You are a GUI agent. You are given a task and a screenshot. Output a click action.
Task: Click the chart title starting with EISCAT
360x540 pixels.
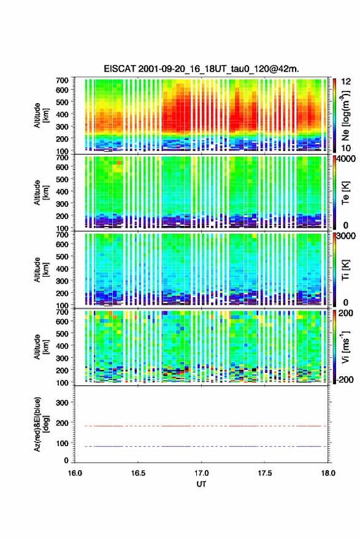click(x=201, y=69)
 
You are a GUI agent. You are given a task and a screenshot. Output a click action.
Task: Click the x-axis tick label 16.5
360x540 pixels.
click(x=138, y=473)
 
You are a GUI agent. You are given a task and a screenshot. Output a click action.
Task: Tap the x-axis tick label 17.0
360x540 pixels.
click(x=201, y=473)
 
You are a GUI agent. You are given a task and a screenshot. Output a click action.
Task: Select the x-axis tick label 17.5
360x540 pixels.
click(x=265, y=473)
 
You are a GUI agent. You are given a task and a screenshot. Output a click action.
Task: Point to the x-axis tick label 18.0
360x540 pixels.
click(x=328, y=473)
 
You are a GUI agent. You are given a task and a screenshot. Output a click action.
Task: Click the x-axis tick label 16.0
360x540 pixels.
click(x=75, y=473)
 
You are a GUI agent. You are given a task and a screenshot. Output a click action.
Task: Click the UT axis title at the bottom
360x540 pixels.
click(x=201, y=484)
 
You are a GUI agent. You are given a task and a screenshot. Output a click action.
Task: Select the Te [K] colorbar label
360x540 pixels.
click(x=345, y=193)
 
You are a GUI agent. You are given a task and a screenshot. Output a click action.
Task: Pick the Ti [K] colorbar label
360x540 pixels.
click(x=345, y=269)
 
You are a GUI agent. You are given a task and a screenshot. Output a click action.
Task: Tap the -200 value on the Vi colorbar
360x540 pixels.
click(x=345, y=379)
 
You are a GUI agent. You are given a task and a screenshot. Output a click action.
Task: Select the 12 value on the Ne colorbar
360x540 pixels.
click(x=347, y=82)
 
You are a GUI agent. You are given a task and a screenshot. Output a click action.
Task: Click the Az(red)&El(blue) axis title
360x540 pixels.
click(x=41, y=424)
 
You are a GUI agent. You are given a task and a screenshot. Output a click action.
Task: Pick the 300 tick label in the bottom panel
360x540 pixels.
click(x=63, y=403)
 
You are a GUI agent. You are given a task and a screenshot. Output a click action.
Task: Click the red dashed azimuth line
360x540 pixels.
click(x=206, y=426)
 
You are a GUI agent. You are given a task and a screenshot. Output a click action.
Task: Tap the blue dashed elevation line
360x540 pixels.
click(x=206, y=446)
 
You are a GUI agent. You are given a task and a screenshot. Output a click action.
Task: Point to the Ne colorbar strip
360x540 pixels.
click(x=334, y=115)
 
